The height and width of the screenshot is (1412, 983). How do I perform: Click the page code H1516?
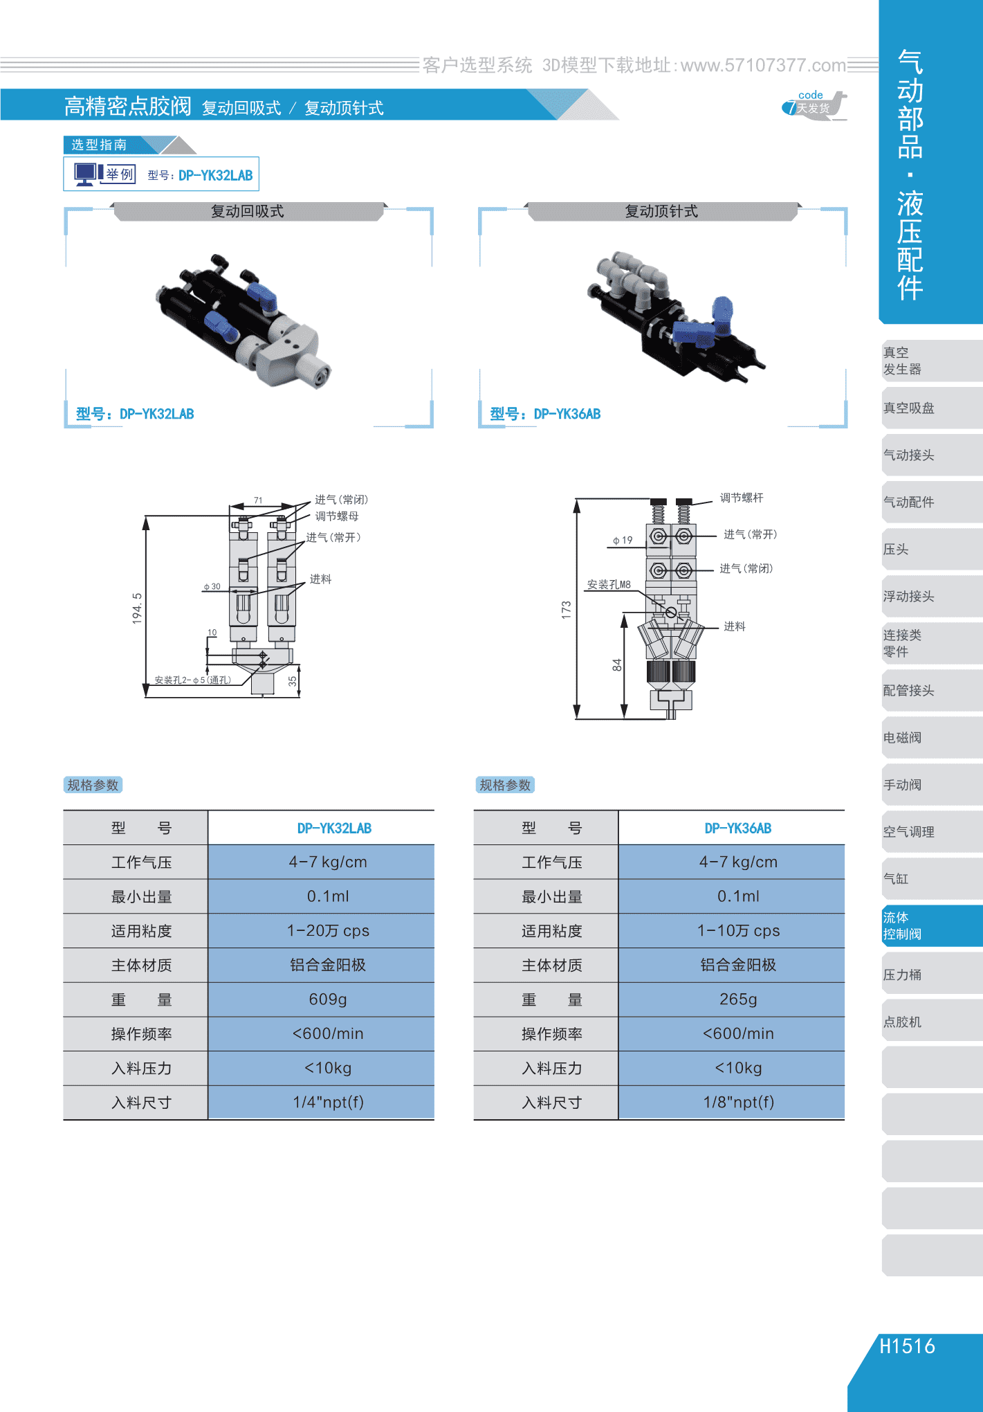(907, 1346)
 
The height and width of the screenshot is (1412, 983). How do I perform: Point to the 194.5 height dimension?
(137, 608)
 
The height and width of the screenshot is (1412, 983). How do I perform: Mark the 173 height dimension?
(567, 610)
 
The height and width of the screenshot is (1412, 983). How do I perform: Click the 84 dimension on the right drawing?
(617, 665)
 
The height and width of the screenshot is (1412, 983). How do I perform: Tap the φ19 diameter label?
(623, 541)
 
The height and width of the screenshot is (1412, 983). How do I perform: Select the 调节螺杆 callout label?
(742, 498)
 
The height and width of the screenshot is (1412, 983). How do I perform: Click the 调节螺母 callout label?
(337, 516)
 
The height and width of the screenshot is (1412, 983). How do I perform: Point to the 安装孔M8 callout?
(609, 585)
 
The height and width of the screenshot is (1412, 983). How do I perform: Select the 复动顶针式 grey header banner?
(662, 211)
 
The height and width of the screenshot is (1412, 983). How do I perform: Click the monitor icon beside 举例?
(86, 174)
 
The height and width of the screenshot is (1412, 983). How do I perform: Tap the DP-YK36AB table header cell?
(738, 829)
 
